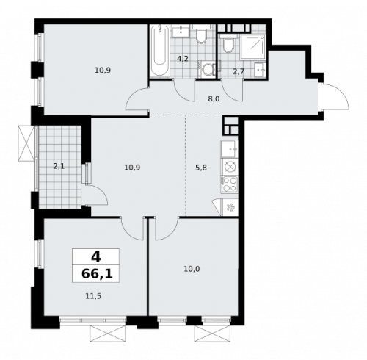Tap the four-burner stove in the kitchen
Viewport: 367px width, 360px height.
pyautogui.click(x=230, y=184)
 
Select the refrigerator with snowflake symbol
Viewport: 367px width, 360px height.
pyautogui.click(x=230, y=206)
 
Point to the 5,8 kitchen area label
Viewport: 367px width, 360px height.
pyautogui.click(x=200, y=168)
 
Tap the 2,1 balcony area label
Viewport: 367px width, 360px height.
pyautogui.click(x=58, y=166)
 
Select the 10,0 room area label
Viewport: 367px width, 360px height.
pyautogui.click(x=191, y=269)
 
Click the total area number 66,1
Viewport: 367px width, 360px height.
pyautogui.click(x=96, y=274)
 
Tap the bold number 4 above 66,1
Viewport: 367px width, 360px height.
pyautogui.click(x=96, y=256)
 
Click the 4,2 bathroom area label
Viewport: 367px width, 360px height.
pyautogui.click(x=183, y=58)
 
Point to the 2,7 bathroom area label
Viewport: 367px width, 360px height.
pyautogui.click(x=239, y=71)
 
